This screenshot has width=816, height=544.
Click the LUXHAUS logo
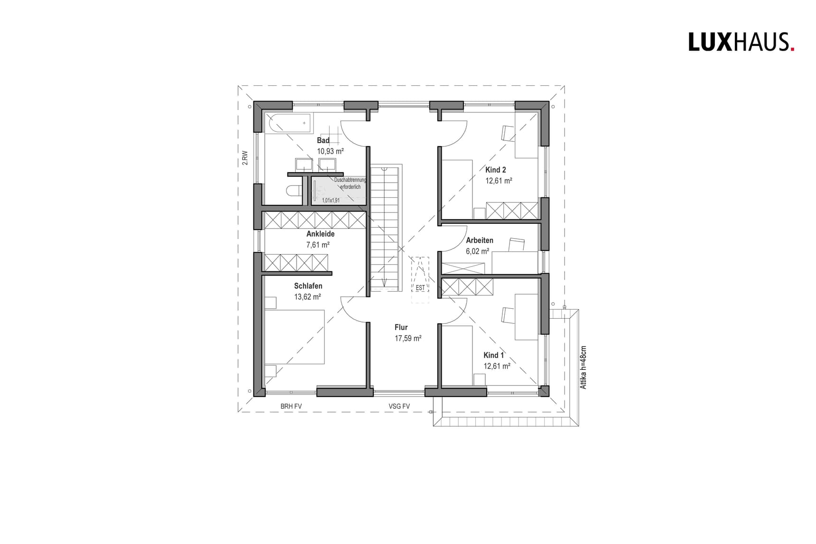pyautogui.click(x=741, y=42)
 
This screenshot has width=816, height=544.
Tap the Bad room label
pyautogui.click(x=323, y=140)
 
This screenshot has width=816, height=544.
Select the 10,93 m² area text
pyautogui.click(x=330, y=151)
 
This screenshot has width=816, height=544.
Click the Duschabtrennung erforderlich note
pyautogui.click(x=350, y=183)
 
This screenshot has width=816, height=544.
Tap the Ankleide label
pyautogui.click(x=320, y=234)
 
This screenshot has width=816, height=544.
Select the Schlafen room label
pyautogui.click(x=308, y=286)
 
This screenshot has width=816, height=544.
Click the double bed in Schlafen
pyautogui.click(x=295, y=337)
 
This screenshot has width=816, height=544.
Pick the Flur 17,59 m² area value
pyautogui.click(x=408, y=338)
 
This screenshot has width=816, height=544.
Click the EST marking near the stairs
pyautogui.click(x=420, y=288)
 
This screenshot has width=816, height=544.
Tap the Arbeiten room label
pyautogui.click(x=479, y=240)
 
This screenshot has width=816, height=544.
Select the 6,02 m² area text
pyautogui.click(x=477, y=251)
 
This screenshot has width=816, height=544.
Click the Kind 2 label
pyautogui.click(x=495, y=170)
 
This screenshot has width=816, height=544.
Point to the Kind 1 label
pyautogui.click(x=493, y=355)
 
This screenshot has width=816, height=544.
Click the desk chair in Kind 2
pyautogui.click(x=508, y=133)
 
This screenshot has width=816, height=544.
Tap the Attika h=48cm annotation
pyautogui.click(x=584, y=368)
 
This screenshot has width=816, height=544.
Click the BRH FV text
pyautogui.click(x=291, y=406)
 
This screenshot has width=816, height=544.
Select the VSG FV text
pyautogui.click(x=399, y=406)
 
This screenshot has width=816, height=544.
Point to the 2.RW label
pyautogui.click(x=245, y=157)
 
